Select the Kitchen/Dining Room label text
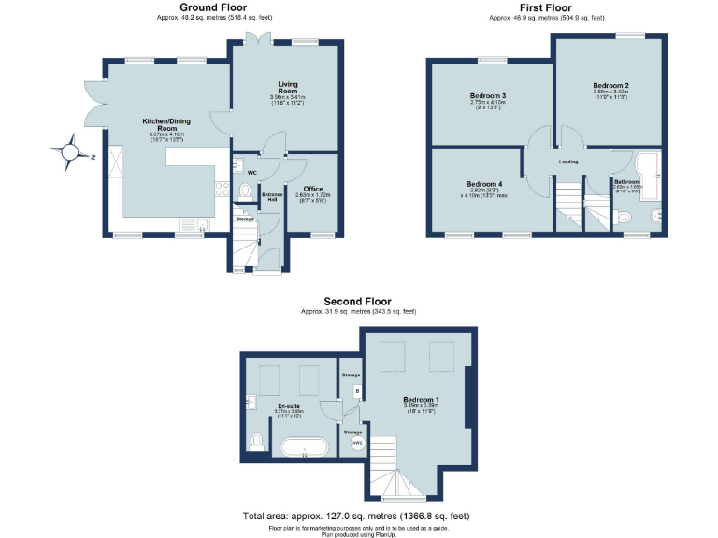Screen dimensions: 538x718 coord(167,123)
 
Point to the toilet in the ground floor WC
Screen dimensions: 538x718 coord(244,191)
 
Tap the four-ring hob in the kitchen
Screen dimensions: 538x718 coord(222,188)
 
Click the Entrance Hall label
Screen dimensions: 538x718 coord(272,196)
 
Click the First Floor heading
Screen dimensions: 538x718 coord(546,7)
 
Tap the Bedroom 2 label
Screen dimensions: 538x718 coord(610,86)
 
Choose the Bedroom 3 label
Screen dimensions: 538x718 coord(487,96)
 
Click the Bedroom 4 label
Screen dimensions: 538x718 coord(484,184)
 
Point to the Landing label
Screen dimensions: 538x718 coord(568,162)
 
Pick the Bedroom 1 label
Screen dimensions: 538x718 coord(421,400)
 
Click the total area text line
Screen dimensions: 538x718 coord(356,516)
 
